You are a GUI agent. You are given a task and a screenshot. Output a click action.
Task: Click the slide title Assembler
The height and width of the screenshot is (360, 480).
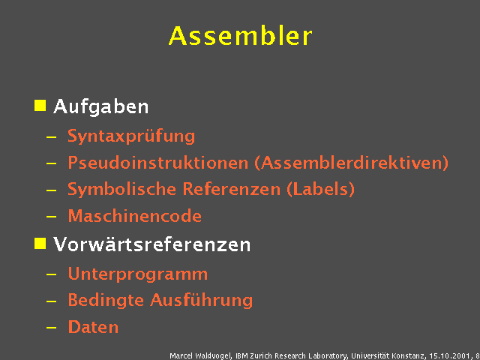(x=240, y=35)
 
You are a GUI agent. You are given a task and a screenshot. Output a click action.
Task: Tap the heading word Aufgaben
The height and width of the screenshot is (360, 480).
(x=101, y=107)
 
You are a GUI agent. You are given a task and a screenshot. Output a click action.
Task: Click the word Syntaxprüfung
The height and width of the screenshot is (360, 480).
(x=131, y=137)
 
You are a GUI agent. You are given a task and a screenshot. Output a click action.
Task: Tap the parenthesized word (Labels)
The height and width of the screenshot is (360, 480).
(x=320, y=190)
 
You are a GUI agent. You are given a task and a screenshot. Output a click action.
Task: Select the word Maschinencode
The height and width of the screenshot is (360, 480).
(x=135, y=217)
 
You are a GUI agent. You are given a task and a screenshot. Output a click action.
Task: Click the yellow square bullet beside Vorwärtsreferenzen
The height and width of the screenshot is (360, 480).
(x=40, y=242)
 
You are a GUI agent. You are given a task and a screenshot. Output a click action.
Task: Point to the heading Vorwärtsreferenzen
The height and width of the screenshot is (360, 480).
(x=152, y=244)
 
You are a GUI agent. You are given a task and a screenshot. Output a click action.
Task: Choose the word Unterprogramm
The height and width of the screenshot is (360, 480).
(x=138, y=274)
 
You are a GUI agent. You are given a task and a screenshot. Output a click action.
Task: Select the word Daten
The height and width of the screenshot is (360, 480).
(x=93, y=327)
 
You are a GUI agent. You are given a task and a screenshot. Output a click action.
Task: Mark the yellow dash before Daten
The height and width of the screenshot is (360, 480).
(x=51, y=328)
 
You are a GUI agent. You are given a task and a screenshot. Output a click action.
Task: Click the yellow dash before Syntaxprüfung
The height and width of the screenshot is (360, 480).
(x=51, y=138)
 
